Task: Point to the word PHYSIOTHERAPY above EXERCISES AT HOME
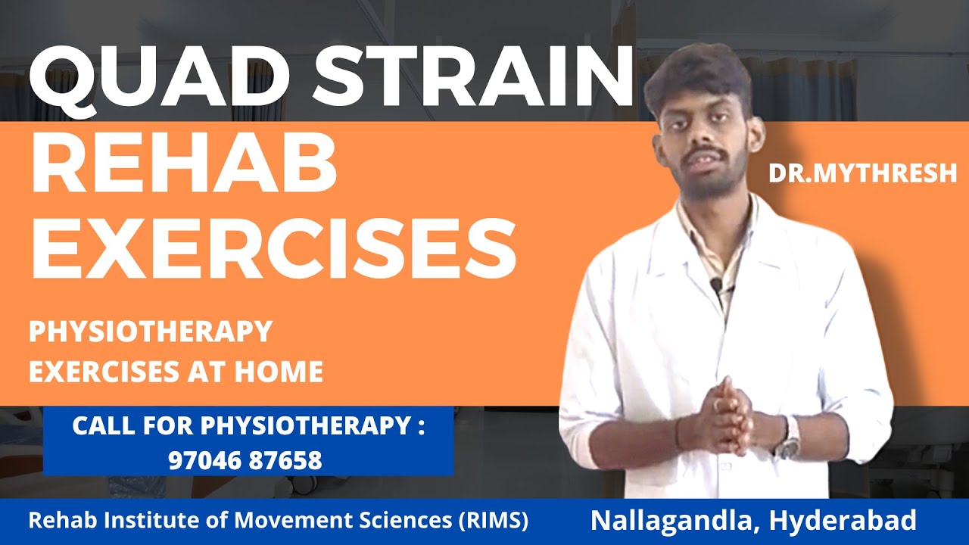tap(150, 332)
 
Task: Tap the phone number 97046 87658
tap(245, 459)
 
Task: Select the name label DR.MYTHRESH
tap(862, 173)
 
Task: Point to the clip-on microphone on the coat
tap(715, 285)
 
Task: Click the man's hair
tap(696, 72)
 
